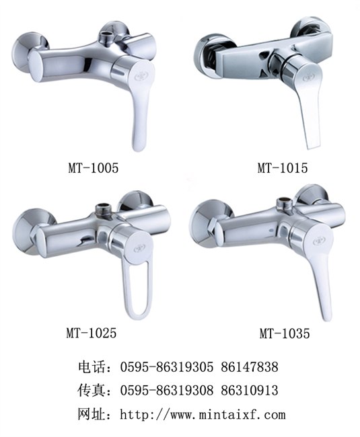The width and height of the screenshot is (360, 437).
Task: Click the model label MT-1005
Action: (94, 168)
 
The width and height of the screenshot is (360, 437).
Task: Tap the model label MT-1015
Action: (283, 168)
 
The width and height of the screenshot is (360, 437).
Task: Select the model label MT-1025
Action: (92, 333)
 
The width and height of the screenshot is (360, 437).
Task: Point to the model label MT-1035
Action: (285, 333)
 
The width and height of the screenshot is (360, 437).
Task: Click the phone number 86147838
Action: (250, 367)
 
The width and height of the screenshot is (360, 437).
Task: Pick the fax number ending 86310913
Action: (250, 390)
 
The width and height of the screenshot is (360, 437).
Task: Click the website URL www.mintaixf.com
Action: (228, 414)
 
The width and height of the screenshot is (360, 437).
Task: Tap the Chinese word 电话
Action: (91, 367)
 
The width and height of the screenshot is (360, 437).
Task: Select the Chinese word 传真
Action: (91, 390)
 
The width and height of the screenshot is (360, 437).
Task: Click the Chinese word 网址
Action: (91, 414)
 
